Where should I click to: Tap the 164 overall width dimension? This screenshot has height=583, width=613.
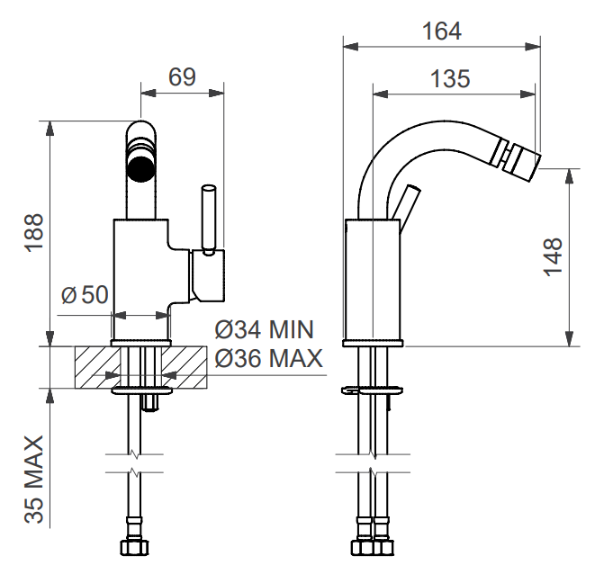point(441,31)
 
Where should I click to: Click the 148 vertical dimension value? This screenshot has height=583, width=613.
point(553,256)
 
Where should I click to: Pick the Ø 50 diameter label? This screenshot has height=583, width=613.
point(85,294)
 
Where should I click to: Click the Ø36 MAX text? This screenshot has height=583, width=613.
point(268,359)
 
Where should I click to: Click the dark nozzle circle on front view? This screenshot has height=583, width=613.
point(140,167)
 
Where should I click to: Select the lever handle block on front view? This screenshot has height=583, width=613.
point(208,275)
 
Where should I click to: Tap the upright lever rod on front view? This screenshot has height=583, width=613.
point(208,218)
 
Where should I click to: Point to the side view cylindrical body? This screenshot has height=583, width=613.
point(372,279)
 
